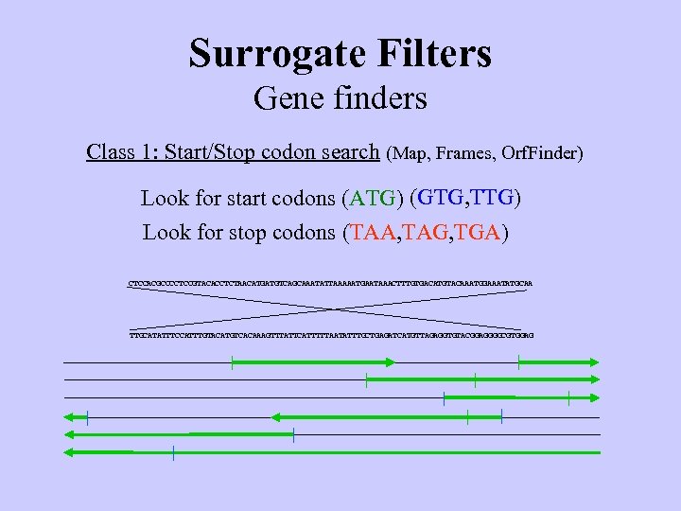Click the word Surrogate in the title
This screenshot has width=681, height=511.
point(268,53)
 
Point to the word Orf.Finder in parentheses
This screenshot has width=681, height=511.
point(542,152)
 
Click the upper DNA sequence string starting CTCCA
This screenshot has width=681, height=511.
point(331,282)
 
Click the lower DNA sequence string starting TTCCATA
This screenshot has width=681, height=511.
point(331,335)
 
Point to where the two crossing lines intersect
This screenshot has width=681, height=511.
point(331,308)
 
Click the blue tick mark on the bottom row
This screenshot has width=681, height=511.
point(174,452)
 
